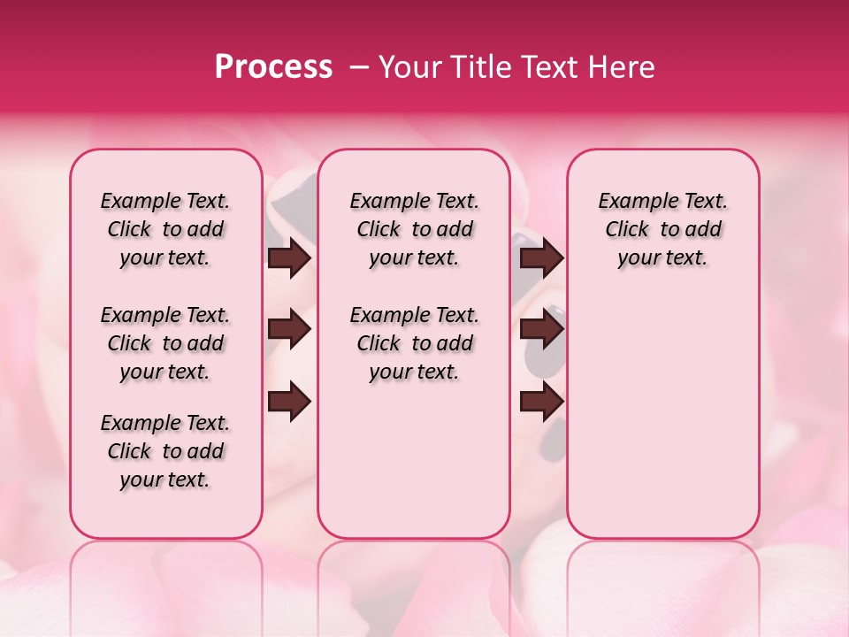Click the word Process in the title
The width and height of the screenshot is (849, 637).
coord(273,67)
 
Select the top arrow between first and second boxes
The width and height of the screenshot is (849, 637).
coord(289,257)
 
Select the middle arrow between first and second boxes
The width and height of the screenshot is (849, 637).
coord(289,330)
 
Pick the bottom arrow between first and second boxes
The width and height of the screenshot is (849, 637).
coord(289,402)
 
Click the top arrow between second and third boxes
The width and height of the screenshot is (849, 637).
coord(541,257)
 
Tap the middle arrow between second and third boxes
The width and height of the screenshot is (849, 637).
coord(541,330)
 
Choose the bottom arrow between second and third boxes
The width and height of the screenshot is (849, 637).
coord(541,402)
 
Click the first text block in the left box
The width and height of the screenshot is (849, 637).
coord(165,229)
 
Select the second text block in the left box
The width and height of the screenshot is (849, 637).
coord(165,343)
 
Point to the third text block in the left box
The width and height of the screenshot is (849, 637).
coord(165,451)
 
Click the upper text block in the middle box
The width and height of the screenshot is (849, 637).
coord(414,229)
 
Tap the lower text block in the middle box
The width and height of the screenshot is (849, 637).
coord(414,343)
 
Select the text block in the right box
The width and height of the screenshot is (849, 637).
coord(662,229)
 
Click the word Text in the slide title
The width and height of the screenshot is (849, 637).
coord(545,67)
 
